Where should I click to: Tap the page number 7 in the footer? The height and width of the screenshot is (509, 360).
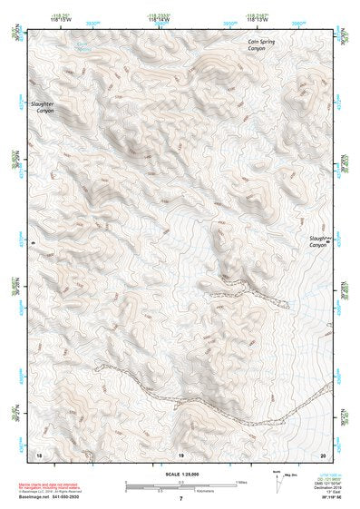point(180,499)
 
